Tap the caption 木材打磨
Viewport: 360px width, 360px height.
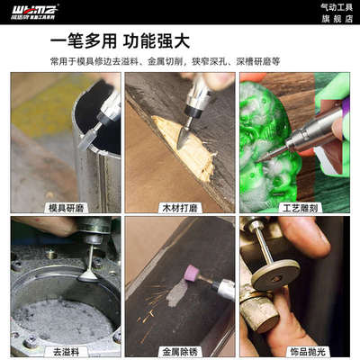click(179, 207)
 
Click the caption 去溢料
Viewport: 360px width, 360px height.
click(65, 350)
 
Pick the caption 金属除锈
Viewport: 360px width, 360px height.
click(179, 350)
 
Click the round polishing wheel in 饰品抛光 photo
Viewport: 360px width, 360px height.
click(274, 274)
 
